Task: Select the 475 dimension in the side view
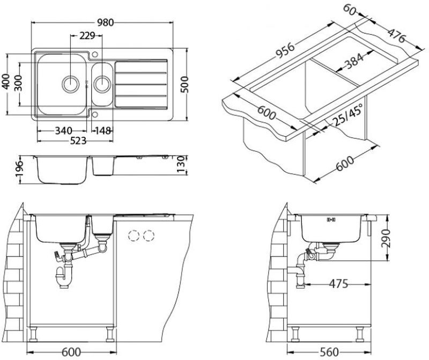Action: coord(342,283)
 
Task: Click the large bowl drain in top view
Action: coord(70,83)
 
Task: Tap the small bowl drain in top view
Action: coord(101,83)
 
